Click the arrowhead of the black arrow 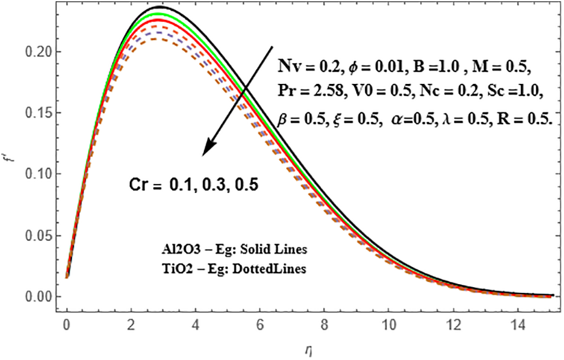click(x=204, y=152)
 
